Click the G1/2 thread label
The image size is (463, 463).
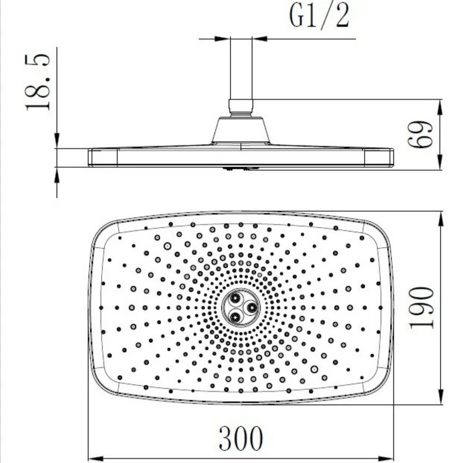point(319,16)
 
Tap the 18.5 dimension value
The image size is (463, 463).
point(38,82)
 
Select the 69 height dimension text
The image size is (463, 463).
point(420,134)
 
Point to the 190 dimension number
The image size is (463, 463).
point(421,307)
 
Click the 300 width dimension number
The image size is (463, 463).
point(241,438)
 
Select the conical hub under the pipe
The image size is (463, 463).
point(241,130)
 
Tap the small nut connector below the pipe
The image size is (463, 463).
point(241,108)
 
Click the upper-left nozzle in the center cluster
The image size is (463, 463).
point(236,298)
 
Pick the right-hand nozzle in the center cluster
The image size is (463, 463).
point(252,308)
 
